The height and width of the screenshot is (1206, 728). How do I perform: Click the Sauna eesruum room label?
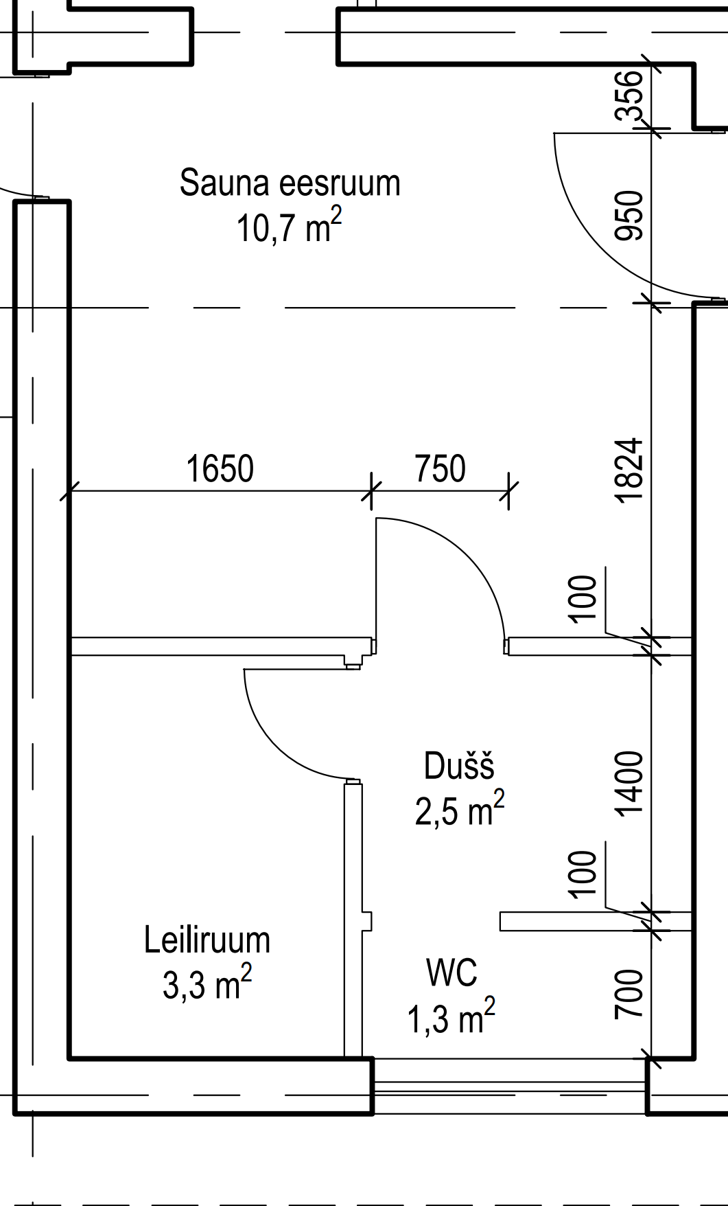(x=290, y=183)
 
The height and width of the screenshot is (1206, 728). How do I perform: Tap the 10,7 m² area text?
(x=289, y=227)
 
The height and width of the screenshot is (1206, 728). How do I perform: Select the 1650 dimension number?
(x=220, y=468)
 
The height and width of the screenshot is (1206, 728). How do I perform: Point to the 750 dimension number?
(x=440, y=468)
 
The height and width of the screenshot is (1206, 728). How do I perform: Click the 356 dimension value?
(x=630, y=95)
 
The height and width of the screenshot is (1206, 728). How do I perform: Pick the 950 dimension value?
(x=630, y=216)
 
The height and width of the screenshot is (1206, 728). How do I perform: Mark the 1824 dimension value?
(x=630, y=470)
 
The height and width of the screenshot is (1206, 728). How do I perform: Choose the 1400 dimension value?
(x=630, y=784)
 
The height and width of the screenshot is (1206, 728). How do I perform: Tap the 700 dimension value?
(x=630, y=994)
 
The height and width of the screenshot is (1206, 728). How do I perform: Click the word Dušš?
(x=459, y=766)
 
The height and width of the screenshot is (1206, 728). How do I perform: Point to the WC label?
(x=451, y=972)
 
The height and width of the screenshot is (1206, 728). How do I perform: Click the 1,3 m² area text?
(x=451, y=1016)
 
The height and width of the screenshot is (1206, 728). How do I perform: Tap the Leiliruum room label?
(x=207, y=940)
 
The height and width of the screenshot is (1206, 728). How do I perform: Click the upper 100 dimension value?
(x=583, y=598)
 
